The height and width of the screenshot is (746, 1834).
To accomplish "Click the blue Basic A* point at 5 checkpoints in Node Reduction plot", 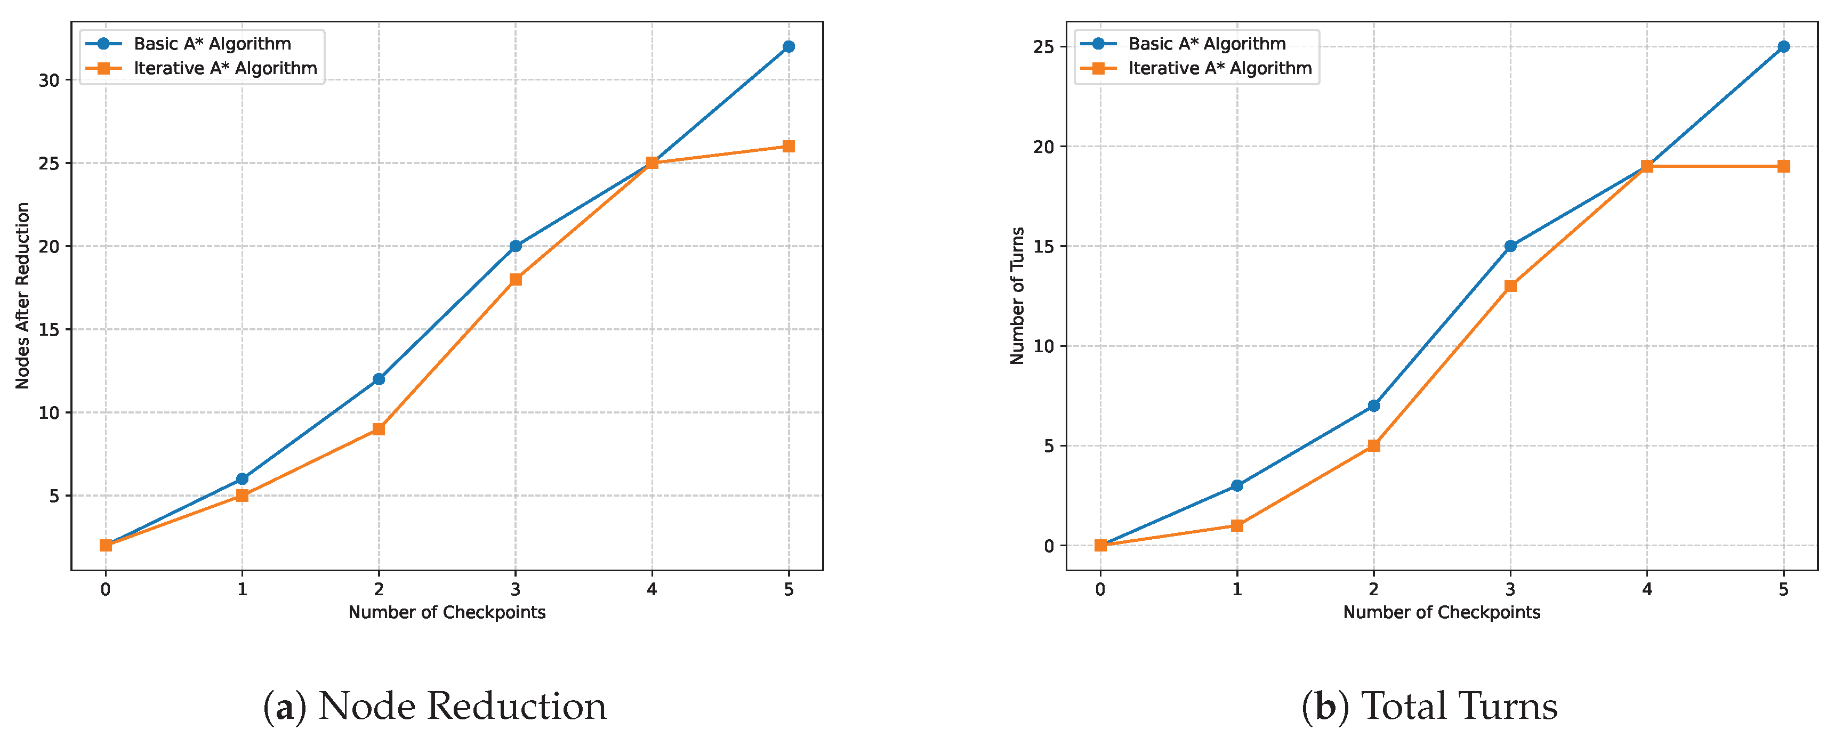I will tap(788, 47).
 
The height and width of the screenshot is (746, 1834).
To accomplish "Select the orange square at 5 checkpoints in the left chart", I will tap(788, 147).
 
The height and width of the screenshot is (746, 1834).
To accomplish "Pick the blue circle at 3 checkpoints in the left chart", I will tap(516, 246).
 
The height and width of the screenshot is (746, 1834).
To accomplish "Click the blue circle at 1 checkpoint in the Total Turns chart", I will tap(1237, 485).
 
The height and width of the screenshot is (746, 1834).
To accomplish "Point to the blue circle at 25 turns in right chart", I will tap(1783, 47).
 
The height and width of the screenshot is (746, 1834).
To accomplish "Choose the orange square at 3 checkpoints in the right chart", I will tap(1510, 286).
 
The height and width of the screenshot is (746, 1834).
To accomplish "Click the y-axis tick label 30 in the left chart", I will tap(49, 80).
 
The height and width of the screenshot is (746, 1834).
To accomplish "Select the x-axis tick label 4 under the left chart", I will tap(651, 589).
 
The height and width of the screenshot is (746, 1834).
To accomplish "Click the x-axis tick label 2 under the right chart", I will tap(1373, 589).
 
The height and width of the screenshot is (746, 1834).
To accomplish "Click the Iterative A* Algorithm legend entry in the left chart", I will tap(225, 68).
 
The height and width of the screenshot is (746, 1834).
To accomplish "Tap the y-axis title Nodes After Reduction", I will tap(23, 295).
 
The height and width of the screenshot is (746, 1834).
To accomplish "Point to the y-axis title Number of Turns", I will tap(1017, 295).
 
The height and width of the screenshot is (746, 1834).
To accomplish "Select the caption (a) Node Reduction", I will tap(435, 707).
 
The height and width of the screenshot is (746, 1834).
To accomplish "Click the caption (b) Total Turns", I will tap(1429, 707).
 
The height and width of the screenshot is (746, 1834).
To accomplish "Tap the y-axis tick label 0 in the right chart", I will tap(1049, 547).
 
